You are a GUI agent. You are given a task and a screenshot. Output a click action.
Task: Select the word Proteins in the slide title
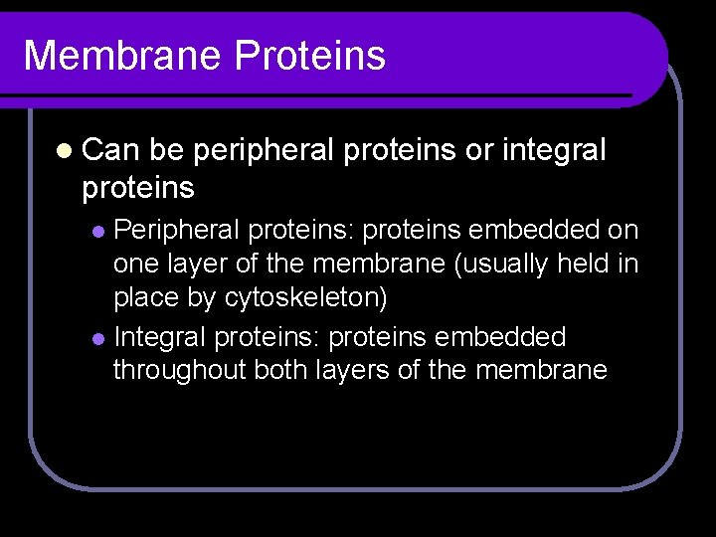point(310,55)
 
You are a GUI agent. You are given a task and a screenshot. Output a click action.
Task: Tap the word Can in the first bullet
point(112,150)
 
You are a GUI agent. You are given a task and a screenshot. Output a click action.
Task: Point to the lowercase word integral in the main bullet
point(554,150)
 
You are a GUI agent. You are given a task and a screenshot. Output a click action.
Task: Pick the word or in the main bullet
point(478,150)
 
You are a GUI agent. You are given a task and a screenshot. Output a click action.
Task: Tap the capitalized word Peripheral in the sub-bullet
point(177,231)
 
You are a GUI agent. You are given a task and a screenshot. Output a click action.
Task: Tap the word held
point(586,265)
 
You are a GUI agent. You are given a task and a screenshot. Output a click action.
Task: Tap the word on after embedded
point(622,231)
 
